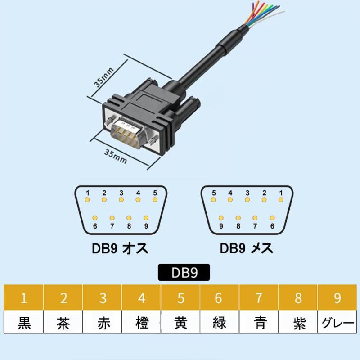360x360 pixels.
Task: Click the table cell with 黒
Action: pyautogui.click(x=24, y=322)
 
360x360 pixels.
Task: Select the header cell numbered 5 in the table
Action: pyautogui.click(x=180, y=297)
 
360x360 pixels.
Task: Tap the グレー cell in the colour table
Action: pyautogui.click(x=337, y=322)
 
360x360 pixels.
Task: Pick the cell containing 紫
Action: pyautogui.click(x=298, y=322)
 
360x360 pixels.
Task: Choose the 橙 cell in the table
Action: pyautogui.click(x=141, y=322)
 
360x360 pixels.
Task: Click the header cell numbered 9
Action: pyautogui.click(x=337, y=297)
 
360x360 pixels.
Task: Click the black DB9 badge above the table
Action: pyautogui.click(x=184, y=273)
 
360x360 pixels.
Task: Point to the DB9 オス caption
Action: pyautogui.click(x=120, y=248)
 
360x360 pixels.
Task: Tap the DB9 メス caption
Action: pyautogui.click(x=247, y=248)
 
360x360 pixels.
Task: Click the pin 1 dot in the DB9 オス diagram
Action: pyautogui.click(x=87, y=200)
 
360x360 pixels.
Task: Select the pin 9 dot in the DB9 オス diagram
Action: pyautogui.click(x=146, y=218)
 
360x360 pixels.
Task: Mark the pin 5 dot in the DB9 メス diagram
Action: pyautogui.click(x=213, y=200)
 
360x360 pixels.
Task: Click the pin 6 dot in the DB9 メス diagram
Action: pyautogui.click(x=272, y=218)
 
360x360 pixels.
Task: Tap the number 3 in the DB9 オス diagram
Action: pyautogui.click(x=121, y=193)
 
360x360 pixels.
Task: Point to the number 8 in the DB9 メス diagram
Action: pyautogui.click(x=238, y=226)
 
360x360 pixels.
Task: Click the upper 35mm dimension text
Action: pyautogui.click(x=104, y=77)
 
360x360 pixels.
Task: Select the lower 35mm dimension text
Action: pyautogui.click(x=116, y=156)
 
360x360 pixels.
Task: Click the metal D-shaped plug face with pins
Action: pyautogui.click(x=128, y=133)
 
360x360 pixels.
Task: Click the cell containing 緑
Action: pyautogui.click(x=220, y=322)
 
